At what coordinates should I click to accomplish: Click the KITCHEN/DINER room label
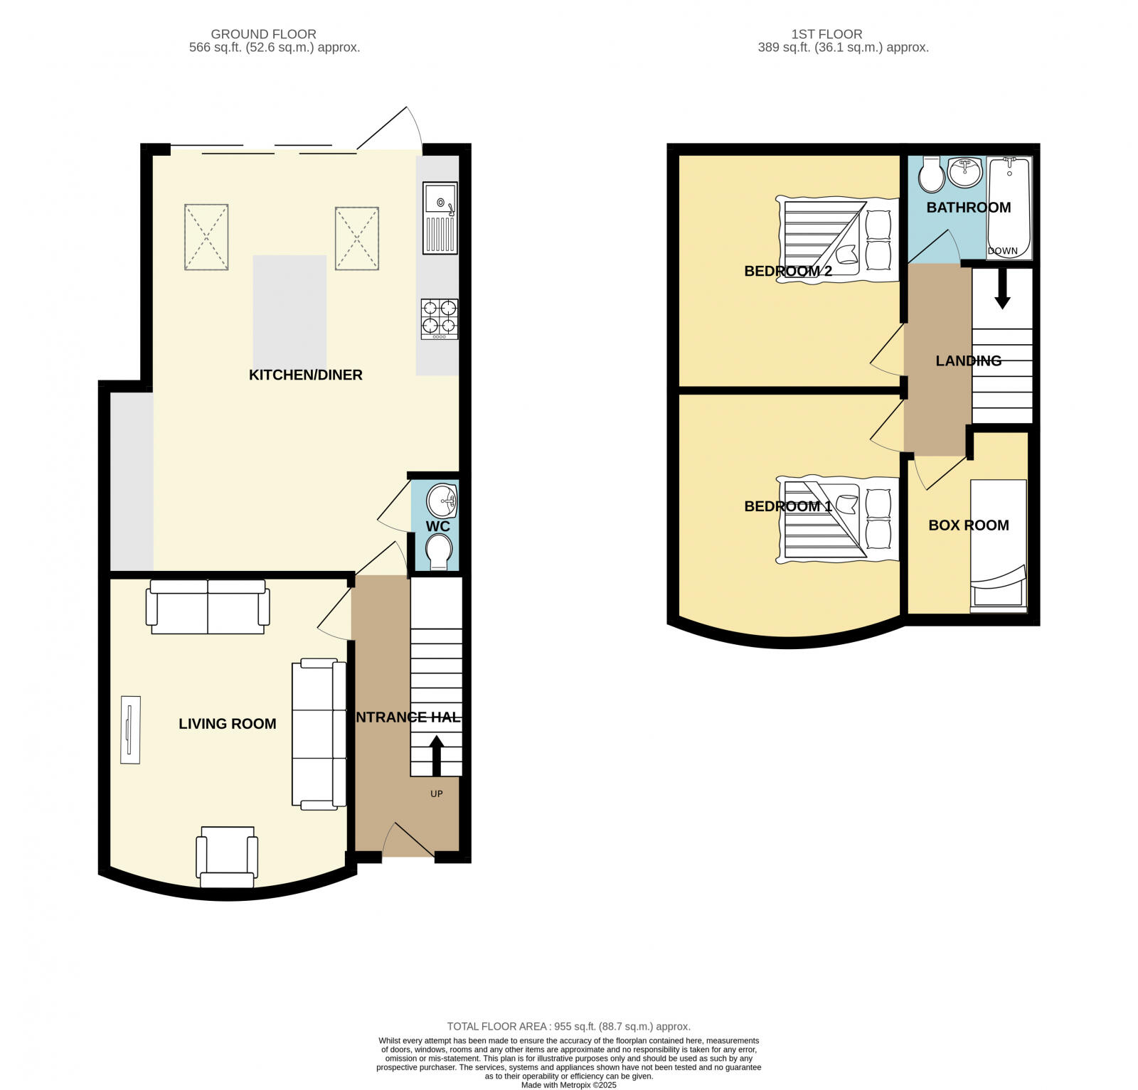click(305, 375)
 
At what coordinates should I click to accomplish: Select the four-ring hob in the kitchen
click(439, 318)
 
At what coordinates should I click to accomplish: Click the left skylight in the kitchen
click(206, 237)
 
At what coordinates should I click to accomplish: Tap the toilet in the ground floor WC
click(438, 551)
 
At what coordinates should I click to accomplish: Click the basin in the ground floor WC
click(442, 501)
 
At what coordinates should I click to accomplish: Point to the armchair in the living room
click(227, 856)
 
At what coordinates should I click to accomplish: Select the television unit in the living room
click(130, 730)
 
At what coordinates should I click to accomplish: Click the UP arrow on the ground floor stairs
click(436, 755)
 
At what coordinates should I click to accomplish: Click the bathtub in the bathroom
click(1009, 206)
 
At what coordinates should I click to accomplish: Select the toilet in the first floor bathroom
click(931, 174)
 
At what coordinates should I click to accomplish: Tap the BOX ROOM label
click(968, 525)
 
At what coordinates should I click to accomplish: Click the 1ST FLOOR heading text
click(826, 34)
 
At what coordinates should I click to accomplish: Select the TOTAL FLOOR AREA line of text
click(568, 1026)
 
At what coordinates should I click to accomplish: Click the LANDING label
click(968, 361)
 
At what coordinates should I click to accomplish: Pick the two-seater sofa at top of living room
click(208, 607)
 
